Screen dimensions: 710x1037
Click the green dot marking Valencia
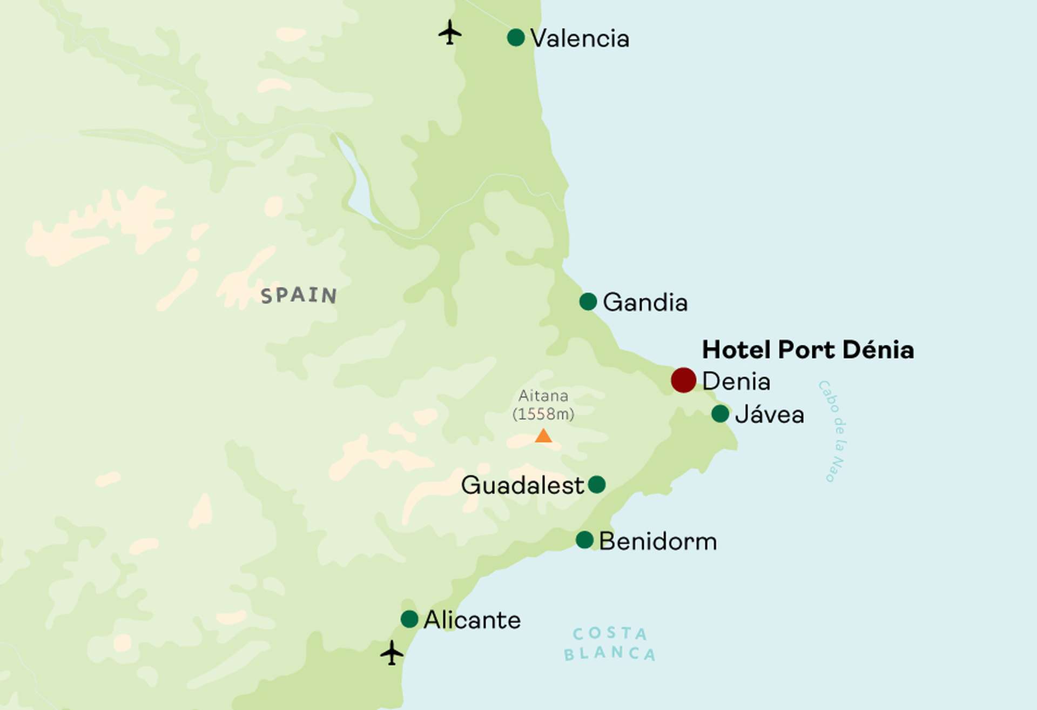tap(516, 37)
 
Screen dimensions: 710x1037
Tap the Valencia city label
tap(580, 38)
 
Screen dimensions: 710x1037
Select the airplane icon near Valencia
tap(449, 32)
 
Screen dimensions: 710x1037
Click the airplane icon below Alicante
tap(392, 653)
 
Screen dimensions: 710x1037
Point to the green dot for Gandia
tap(588, 301)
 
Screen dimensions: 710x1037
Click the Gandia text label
tap(645, 302)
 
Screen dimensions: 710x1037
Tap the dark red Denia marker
tap(683, 380)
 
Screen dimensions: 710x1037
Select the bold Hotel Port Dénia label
tap(807, 350)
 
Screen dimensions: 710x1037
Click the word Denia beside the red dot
tap(736, 381)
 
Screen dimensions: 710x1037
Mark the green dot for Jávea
tap(720, 413)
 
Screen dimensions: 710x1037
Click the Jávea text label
tap(770, 414)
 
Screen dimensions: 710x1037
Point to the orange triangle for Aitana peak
tap(543, 436)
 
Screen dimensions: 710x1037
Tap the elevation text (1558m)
tap(543, 414)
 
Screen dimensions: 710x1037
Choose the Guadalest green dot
tap(596, 484)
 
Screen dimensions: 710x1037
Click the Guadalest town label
tap(522, 485)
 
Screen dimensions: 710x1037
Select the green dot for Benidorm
tap(584, 539)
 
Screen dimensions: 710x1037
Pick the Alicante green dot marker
tap(409, 619)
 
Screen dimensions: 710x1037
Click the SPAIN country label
tap(299, 295)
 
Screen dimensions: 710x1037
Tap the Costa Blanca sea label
tap(610, 643)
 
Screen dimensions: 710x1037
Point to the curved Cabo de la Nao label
tap(833, 431)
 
